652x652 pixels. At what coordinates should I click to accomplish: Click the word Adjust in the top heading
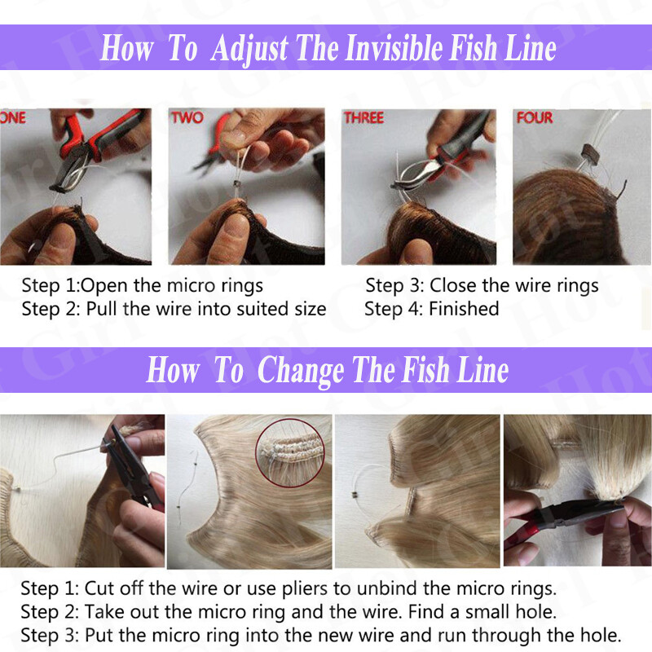click(249, 49)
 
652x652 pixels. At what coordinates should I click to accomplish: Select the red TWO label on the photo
click(187, 117)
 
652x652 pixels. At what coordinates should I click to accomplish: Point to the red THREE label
click(363, 117)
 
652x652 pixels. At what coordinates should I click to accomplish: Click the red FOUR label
click(535, 117)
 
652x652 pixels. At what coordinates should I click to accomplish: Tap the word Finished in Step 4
click(464, 309)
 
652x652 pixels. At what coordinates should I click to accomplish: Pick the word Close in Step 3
click(454, 286)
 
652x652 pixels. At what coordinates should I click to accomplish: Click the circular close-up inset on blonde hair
click(290, 453)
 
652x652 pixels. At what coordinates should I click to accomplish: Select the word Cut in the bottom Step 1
click(98, 588)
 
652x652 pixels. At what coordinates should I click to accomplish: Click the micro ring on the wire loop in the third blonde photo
click(355, 495)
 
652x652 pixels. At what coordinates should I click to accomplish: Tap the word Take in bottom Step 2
click(104, 612)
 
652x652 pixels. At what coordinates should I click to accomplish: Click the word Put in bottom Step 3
click(98, 636)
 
